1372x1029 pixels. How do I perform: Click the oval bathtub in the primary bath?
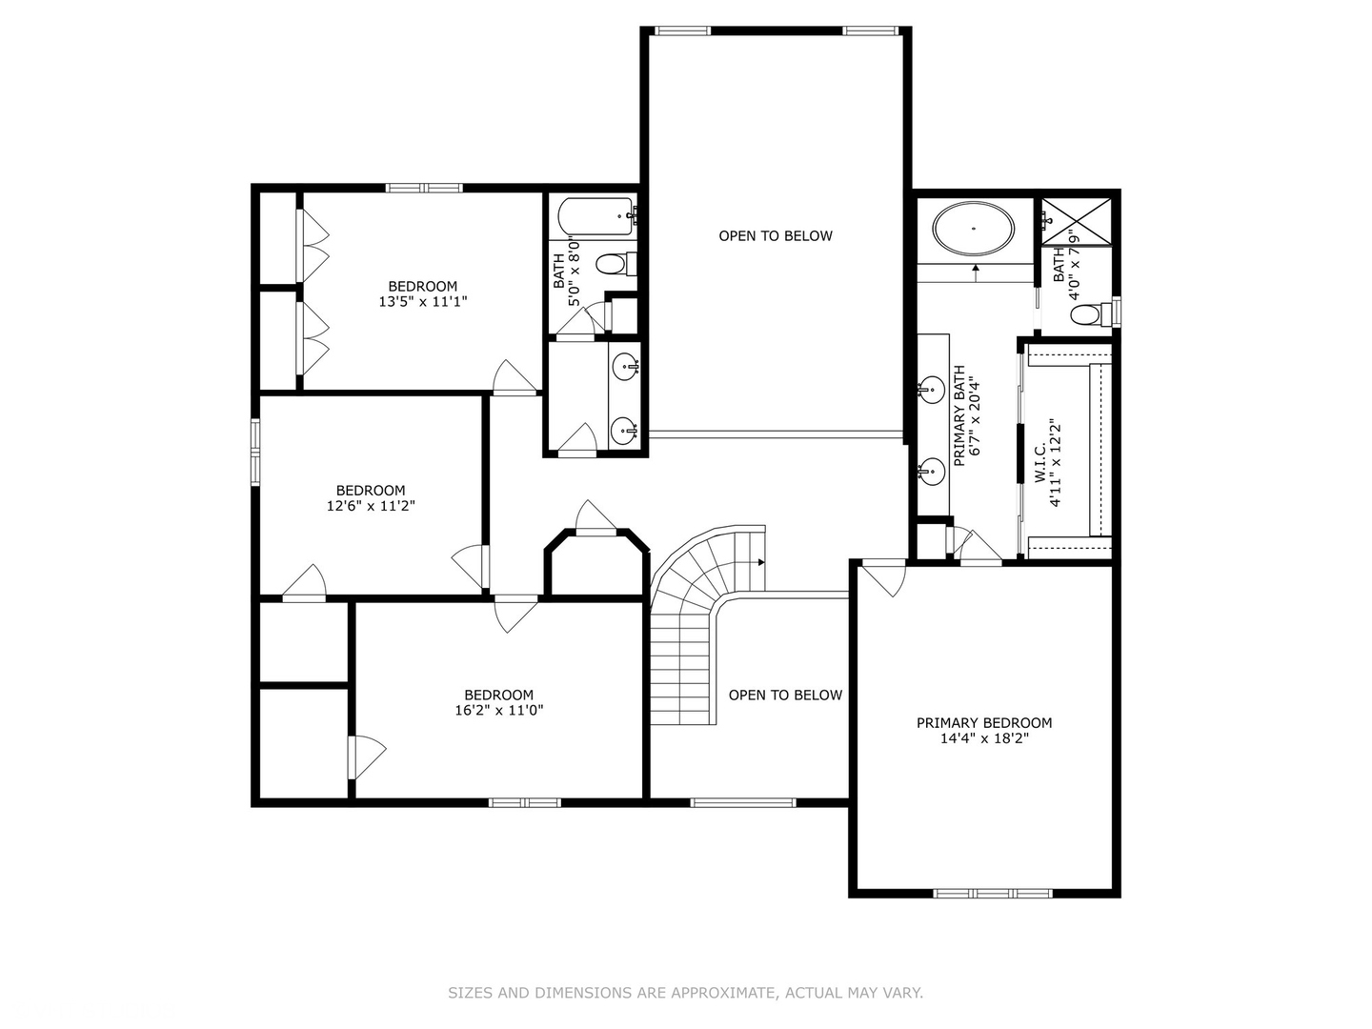[973, 228]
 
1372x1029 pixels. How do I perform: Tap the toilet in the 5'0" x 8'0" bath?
[615, 264]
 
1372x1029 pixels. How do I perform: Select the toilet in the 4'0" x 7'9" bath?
[1094, 313]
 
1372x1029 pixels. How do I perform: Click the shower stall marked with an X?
[1076, 221]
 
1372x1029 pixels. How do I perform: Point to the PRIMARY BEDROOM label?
[984, 723]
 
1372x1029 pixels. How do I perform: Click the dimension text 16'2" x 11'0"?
[499, 710]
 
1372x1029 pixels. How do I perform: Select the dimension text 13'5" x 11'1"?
[422, 302]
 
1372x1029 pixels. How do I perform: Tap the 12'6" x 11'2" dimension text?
[371, 505]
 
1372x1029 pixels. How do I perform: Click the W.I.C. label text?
[1040, 463]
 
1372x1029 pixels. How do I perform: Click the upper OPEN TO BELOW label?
[775, 235]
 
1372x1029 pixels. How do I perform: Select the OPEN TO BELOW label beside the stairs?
[785, 695]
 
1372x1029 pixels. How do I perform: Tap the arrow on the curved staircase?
[760, 562]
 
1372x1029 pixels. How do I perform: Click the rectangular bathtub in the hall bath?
[595, 217]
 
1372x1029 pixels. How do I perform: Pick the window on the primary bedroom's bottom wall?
[993, 894]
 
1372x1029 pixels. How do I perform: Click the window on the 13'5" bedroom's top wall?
[424, 188]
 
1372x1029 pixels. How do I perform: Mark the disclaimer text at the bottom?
[685, 993]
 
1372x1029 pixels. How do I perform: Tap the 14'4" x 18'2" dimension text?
[984, 738]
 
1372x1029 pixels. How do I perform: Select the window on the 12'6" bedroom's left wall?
[255, 452]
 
